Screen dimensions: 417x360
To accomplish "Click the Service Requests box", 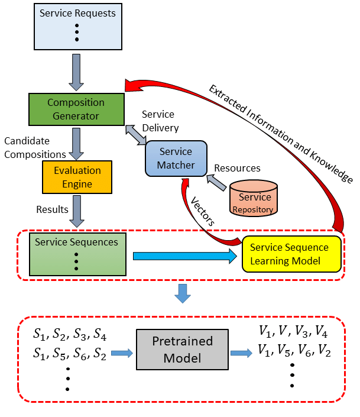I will coord(77,27).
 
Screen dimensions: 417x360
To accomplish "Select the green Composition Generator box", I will coord(77,109).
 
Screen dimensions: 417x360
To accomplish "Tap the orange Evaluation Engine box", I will coord(77,177).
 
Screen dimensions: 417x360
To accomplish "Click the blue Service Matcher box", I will coord(176,159).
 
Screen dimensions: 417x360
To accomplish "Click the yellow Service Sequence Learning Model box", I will coord(292,254).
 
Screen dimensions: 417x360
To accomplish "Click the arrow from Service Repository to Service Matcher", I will coord(218,184).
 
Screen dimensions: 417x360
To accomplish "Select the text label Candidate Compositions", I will coord(35,148).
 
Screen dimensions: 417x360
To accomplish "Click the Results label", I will coord(53,209).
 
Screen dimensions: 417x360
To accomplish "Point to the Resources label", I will coord(237,168).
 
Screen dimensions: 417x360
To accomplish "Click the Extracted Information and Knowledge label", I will coord(280,132).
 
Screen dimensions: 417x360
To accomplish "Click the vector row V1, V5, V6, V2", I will coord(293,350).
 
